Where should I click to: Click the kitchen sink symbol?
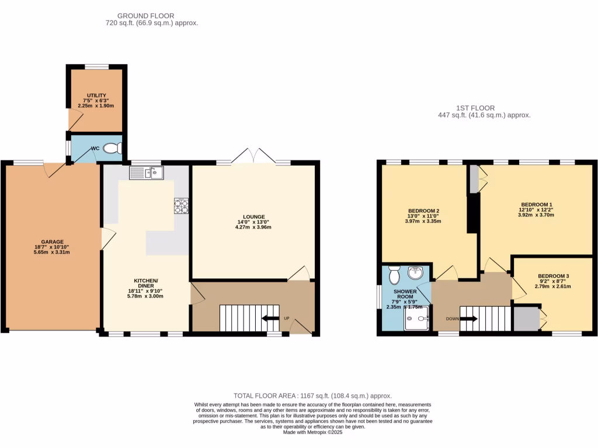pyautogui.click(x=147, y=172)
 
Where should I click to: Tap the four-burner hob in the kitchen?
pyautogui.click(x=181, y=206)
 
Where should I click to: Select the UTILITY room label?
pyautogui.click(x=96, y=95)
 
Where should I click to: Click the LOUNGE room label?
pyautogui.click(x=255, y=216)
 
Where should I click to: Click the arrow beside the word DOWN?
pyautogui.click(x=471, y=318)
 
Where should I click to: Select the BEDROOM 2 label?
pyautogui.click(x=423, y=211)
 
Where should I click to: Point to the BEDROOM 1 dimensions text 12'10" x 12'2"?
pyautogui.click(x=536, y=209)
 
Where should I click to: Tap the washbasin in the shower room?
pyautogui.click(x=416, y=272)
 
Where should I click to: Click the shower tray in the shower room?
pyautogui.click(x=416, y=318)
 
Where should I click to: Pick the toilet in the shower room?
pyautogui.click(x=393, y=273)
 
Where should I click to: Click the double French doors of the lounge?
pyautogui.click(x=252, y=156)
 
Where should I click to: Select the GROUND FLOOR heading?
pyautogui.click(x=145, y=16)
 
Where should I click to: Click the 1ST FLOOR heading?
pyautogui.click(x=475, y=108)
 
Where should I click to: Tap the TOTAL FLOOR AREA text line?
pyautogui.click(x=312, y=395)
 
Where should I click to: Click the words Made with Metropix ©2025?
pyautogui.click(x=312, y=432)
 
